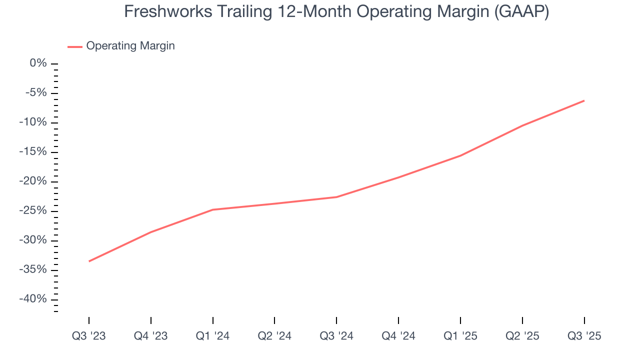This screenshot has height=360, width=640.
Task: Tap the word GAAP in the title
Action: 520,11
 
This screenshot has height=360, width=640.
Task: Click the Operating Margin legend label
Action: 130,46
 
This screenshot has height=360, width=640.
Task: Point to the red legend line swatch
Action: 74,46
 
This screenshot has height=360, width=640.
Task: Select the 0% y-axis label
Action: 38,63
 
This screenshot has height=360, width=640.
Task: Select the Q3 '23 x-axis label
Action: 89,336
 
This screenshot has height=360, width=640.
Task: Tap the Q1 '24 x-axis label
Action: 213,336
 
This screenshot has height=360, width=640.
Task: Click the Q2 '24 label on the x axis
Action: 274,336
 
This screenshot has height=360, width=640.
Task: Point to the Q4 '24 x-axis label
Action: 398,336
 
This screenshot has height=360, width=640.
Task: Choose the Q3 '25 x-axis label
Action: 584,336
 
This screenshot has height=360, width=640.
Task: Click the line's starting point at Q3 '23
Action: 89,261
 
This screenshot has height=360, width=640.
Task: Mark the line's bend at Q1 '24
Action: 213,209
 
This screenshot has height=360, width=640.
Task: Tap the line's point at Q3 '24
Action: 336,197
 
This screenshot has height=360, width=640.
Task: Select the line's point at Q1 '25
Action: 460,155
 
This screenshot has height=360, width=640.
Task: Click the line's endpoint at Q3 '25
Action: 584,100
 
